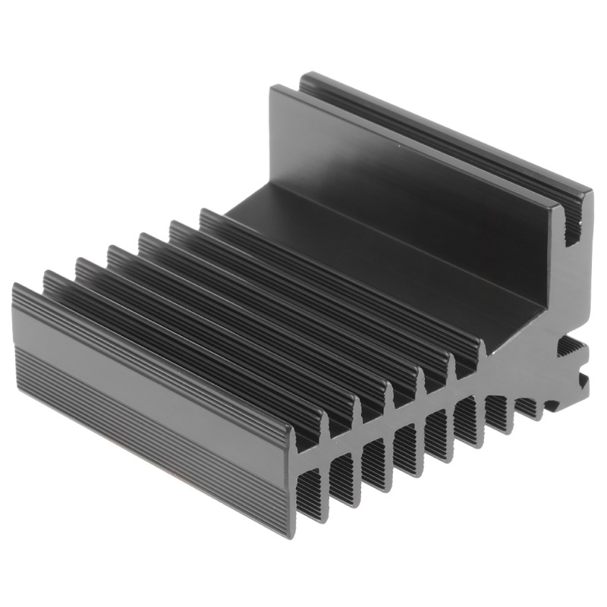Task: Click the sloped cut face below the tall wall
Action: coord(524,334)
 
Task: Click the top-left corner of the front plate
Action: coord(15,286)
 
